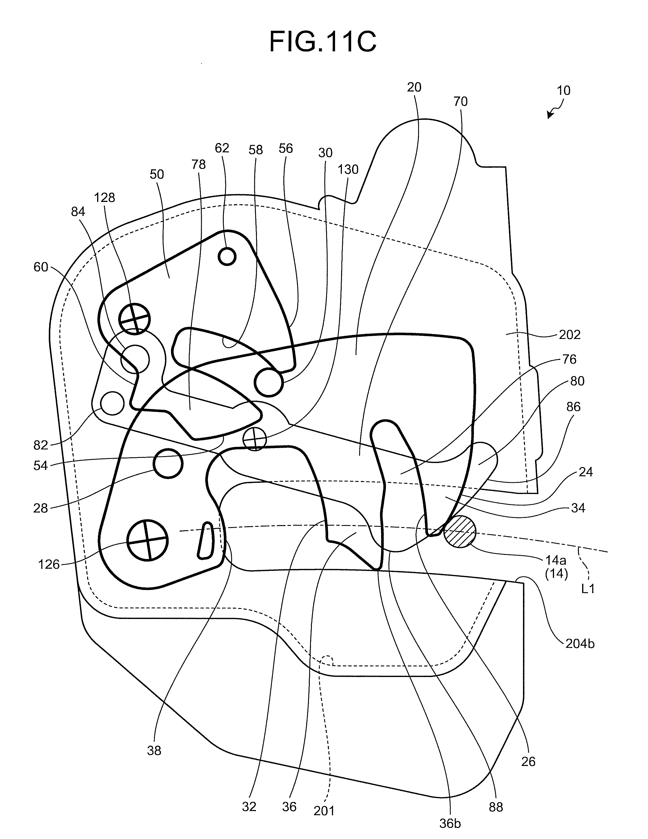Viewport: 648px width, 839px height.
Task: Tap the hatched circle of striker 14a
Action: click(460, 531)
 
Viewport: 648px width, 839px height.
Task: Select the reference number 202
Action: click(569, 335)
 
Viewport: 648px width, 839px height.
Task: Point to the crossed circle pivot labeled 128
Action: click(134, 319)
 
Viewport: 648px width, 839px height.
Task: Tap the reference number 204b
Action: click(580, 643)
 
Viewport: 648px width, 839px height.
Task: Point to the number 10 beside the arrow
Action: click(564, 91)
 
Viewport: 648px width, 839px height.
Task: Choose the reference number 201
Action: click(324, 811)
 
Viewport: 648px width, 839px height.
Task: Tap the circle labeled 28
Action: click(168, 464)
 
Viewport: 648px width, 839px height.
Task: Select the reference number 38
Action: click(154, 750)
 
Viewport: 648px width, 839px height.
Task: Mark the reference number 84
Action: click(78, 212)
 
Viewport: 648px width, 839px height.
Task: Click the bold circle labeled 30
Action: click(269, 382)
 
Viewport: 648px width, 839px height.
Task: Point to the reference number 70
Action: click(460, 101)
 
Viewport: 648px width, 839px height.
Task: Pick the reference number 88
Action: click(496, 807)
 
